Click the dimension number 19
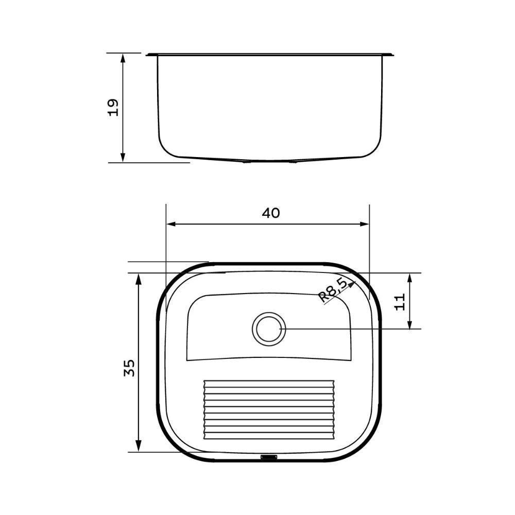tap(113, 107)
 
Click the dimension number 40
tap(270, 213)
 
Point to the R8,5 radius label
tap(332, 290)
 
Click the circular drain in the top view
tap(269, 329)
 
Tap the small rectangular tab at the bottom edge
tap(269, 456)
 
